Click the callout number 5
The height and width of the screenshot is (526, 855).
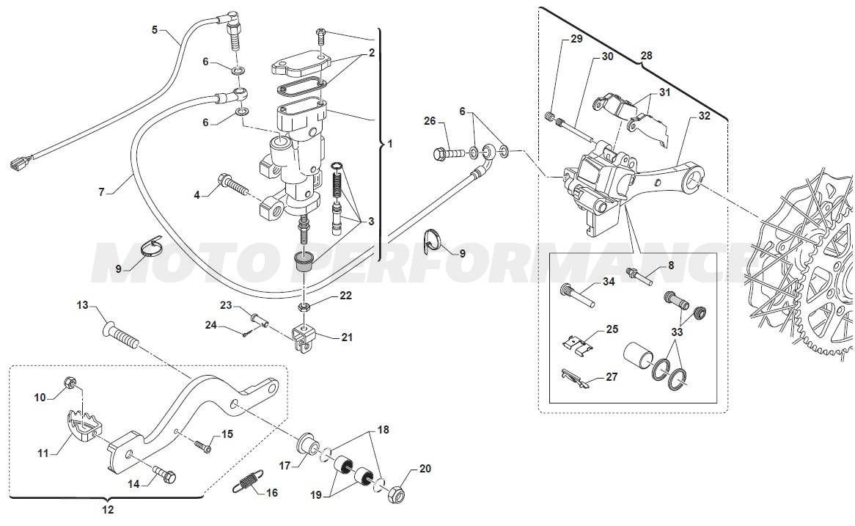(x=155, y=30)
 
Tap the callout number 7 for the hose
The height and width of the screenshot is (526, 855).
(x=102, y=192)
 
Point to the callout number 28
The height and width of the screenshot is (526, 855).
(x=646, y=54)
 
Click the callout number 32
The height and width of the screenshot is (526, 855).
(x=704, y=116)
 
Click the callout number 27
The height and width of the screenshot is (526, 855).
(x=612, y=376)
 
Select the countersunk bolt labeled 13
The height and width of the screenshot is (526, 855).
(x=122, y=336)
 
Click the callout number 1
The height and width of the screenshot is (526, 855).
(x=389, y=145)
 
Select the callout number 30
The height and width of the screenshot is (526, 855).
(x=607, y=56)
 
